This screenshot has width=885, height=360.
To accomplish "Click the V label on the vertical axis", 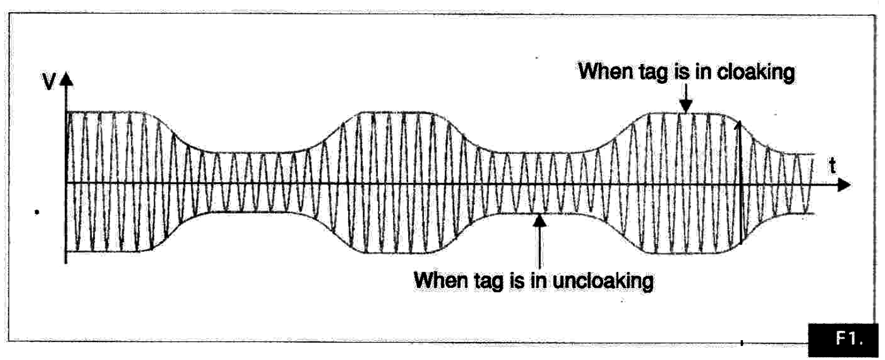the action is (x=49, y=82).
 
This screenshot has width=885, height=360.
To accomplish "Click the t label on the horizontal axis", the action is (x=833, y=166).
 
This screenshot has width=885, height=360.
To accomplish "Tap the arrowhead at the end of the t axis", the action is (x=844, y=185).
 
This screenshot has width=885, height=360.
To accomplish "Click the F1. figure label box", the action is (x=843, y=339).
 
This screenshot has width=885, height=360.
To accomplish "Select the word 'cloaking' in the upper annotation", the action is (x=756, y=73).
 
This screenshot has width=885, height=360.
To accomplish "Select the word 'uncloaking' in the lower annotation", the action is (x=603, y=281).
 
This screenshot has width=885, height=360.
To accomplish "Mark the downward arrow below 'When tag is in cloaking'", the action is (x=686, y=98).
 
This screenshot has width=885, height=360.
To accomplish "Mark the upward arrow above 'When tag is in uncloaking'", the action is (x=539, y=242).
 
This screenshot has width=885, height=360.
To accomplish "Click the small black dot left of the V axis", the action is (x=37, y=212).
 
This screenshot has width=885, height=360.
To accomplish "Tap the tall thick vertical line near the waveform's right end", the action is (x=740, y=182).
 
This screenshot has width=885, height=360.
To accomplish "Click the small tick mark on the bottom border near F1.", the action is (x=742, y=343).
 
